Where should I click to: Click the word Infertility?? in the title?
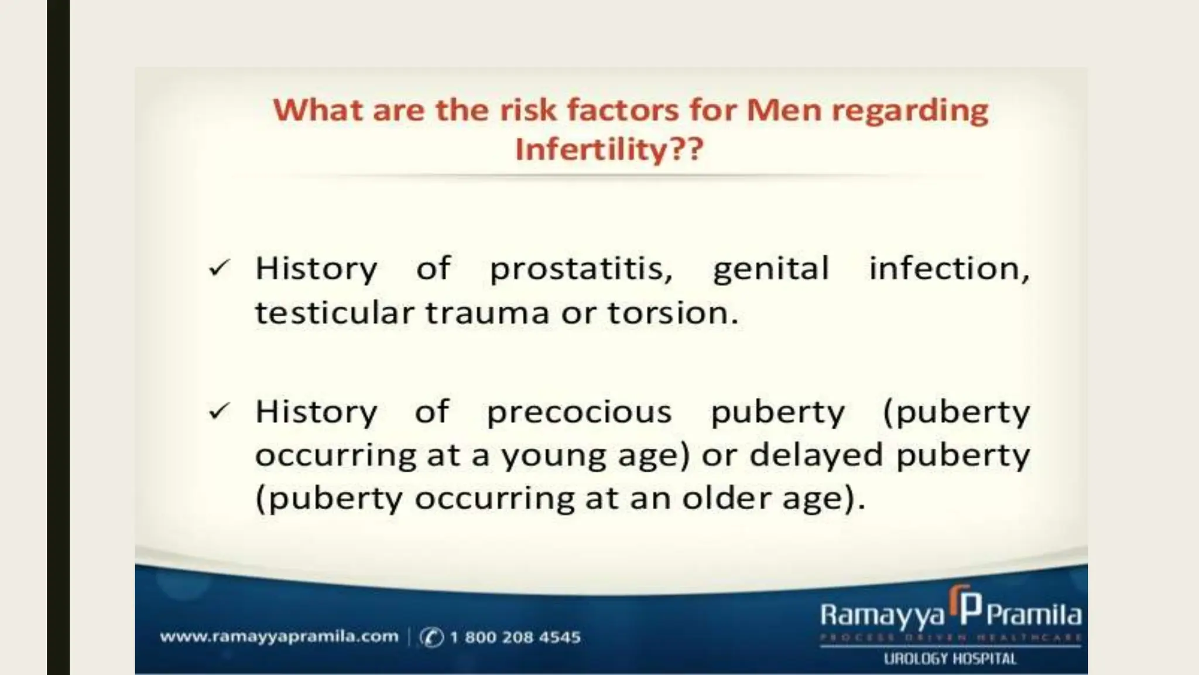(609, 149)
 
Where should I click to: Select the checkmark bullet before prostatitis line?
(219, 268)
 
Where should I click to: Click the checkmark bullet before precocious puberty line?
(219, 412)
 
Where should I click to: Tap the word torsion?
(673, 313)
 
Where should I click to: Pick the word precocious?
(579, 412)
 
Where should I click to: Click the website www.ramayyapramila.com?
(279, 637)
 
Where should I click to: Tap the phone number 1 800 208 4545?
(515, 637)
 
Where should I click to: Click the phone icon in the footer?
(431, 637)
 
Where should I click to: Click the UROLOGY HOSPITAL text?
(950, 659)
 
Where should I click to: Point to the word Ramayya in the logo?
(882, 616)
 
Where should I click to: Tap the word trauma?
(487, 313)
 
